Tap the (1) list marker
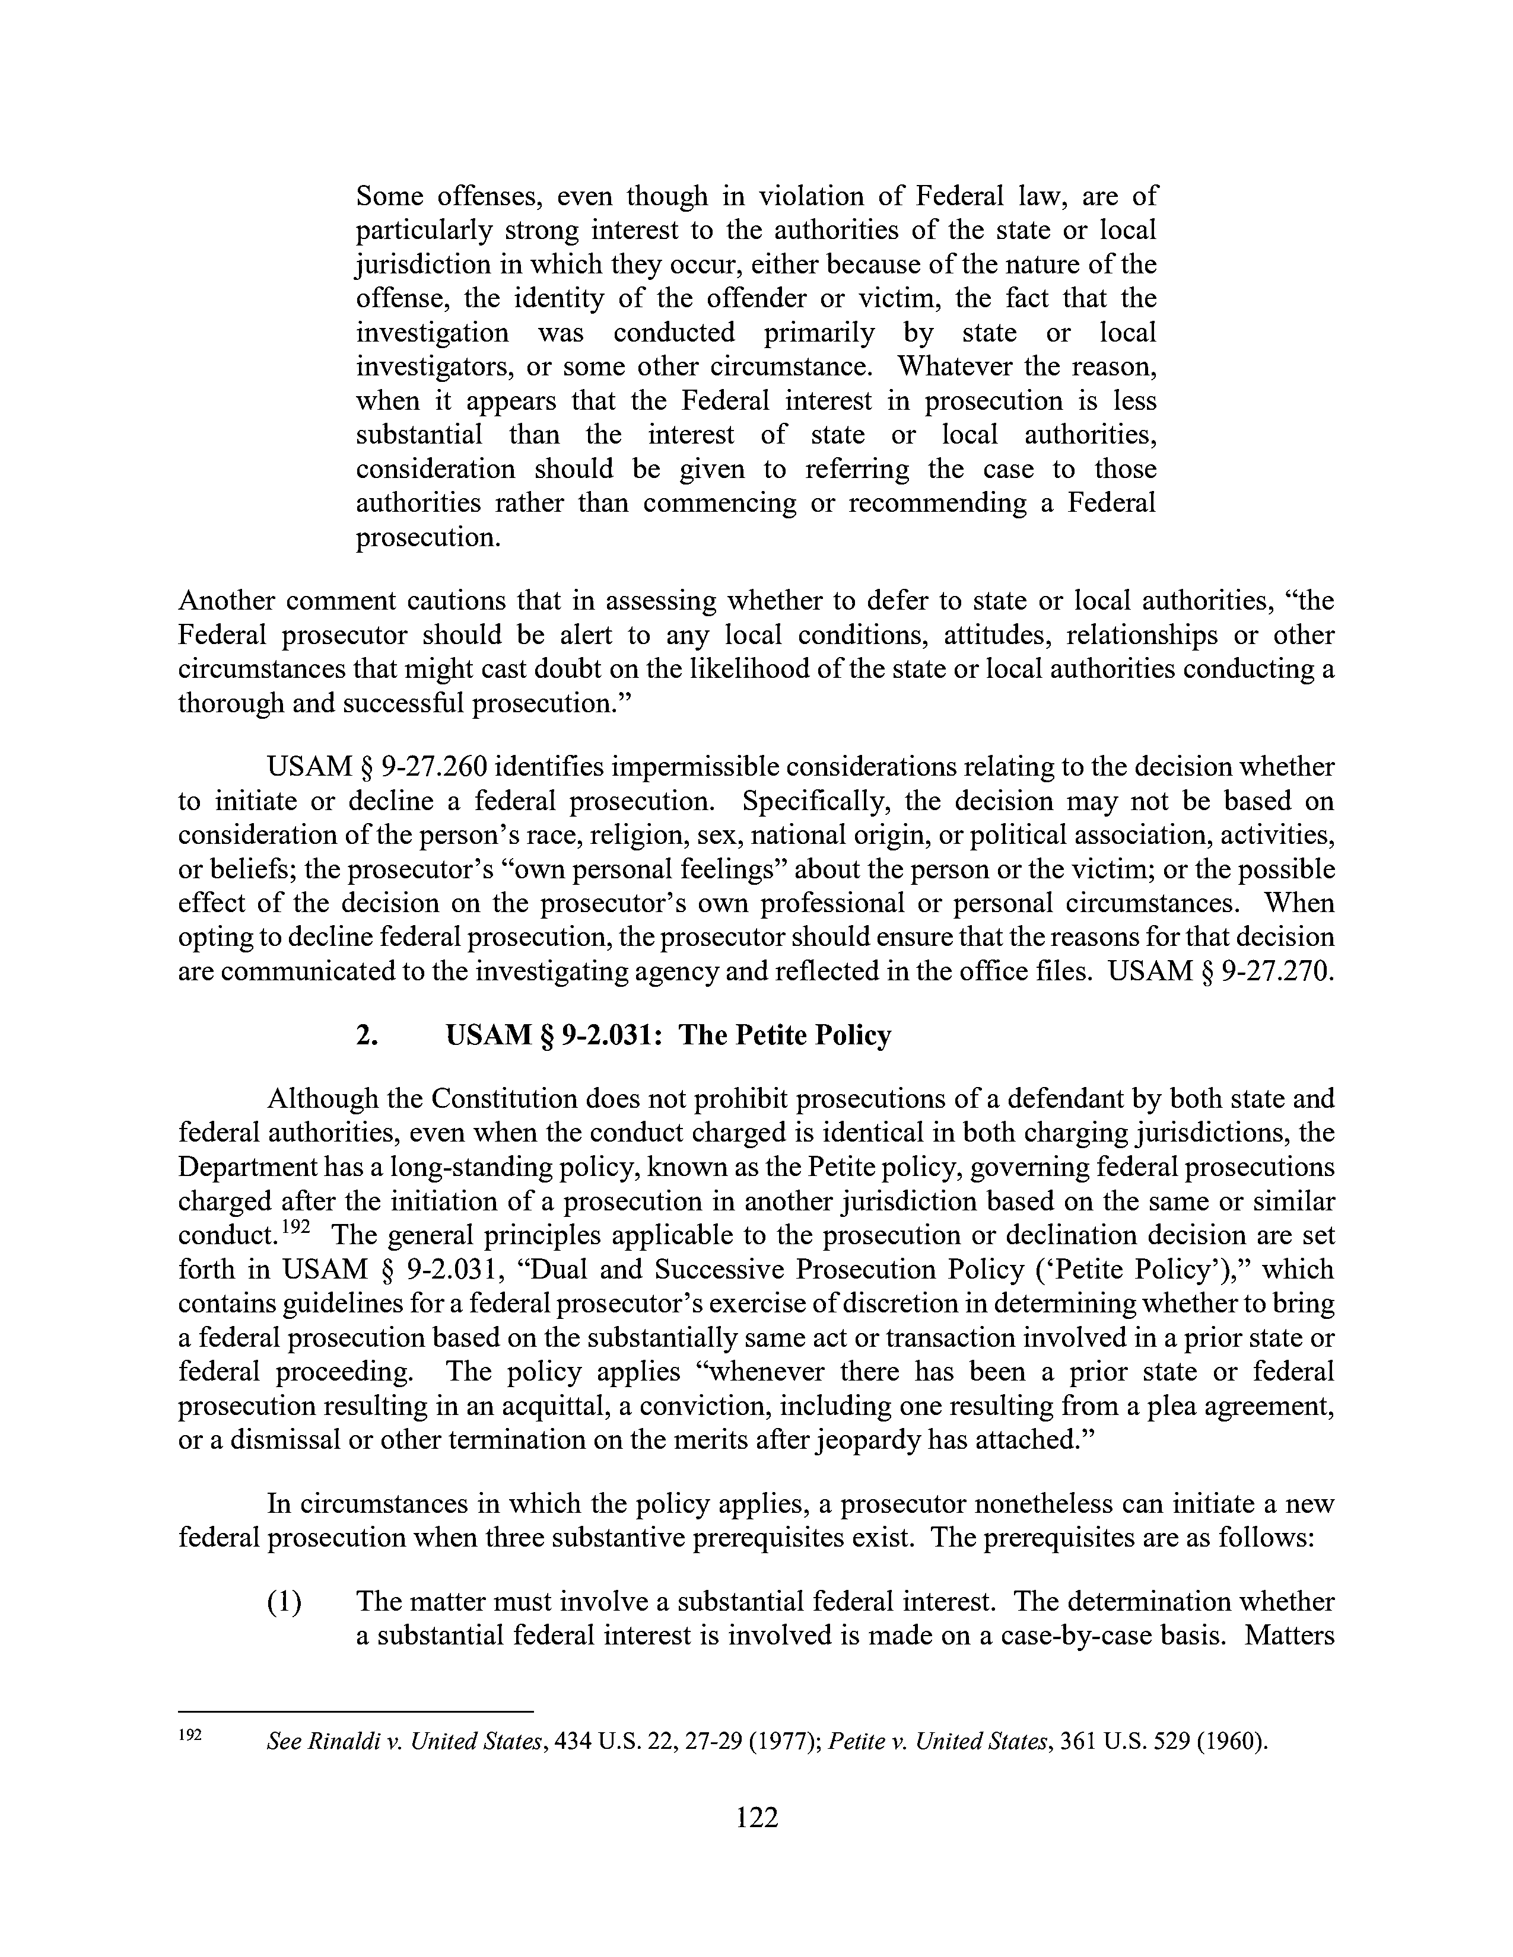(x=284, y=1601)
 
